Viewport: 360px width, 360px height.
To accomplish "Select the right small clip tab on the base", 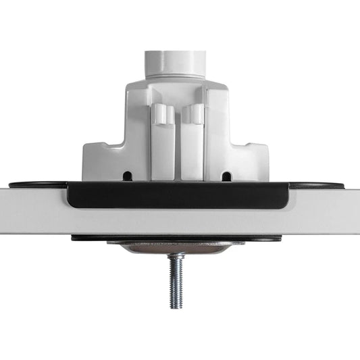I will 196,113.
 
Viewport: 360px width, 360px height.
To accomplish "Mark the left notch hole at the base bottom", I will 127,176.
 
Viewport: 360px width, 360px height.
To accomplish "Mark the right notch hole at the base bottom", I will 226,176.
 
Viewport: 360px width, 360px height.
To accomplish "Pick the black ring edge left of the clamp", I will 34,184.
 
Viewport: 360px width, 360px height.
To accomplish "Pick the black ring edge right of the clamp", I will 317,184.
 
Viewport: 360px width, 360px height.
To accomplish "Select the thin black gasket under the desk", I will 95,238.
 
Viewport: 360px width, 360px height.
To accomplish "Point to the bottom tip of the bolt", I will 176,306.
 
